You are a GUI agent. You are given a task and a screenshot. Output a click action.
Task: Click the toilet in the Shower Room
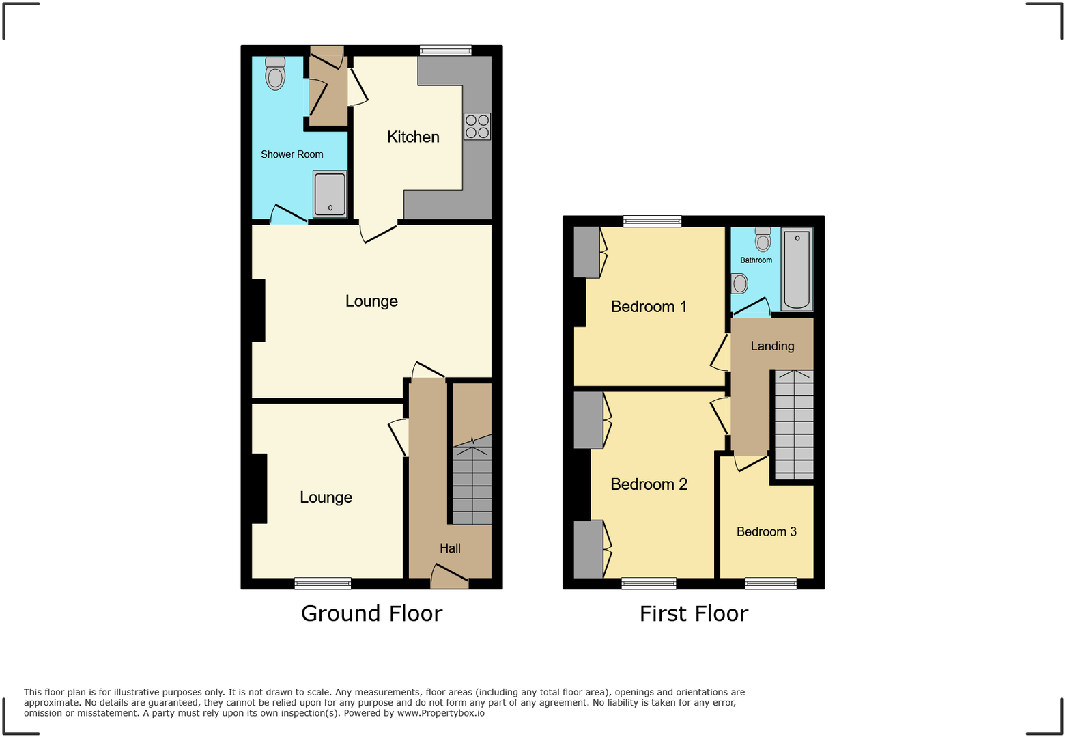[275, 74]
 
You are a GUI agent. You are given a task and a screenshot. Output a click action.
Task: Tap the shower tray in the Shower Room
[330, 194]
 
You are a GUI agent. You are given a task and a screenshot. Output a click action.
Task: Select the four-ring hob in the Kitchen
[477, 126]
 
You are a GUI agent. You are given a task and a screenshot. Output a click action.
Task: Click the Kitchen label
[413, 137]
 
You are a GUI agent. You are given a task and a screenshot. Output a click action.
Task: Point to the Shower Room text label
[292, 154]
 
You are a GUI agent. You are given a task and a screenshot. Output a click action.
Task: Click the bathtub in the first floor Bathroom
[797, 269]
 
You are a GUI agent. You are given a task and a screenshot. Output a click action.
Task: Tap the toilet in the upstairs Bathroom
[763, 240]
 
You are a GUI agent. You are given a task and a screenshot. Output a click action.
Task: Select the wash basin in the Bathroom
[739, 283]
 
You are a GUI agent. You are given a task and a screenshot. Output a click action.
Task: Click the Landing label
[772, 346]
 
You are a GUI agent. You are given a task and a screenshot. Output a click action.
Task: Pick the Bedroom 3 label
[766, 532]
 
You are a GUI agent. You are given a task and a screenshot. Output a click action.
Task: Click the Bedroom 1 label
[648, 307]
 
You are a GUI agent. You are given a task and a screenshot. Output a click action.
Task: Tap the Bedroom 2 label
[649, 484]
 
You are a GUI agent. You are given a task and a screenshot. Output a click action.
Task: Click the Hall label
[450, 548]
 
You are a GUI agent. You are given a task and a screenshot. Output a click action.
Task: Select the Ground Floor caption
[371, 613]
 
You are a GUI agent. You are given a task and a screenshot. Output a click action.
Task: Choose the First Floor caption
[694, 613]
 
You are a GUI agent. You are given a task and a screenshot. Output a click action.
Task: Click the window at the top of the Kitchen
[445, 50]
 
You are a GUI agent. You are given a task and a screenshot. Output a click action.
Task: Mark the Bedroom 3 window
[771, 583]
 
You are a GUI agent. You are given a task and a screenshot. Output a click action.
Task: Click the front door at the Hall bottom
[449, 578]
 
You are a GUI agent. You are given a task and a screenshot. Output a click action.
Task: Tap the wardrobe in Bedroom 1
[586, 252]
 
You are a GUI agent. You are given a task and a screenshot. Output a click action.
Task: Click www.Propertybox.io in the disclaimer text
[440, 713]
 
